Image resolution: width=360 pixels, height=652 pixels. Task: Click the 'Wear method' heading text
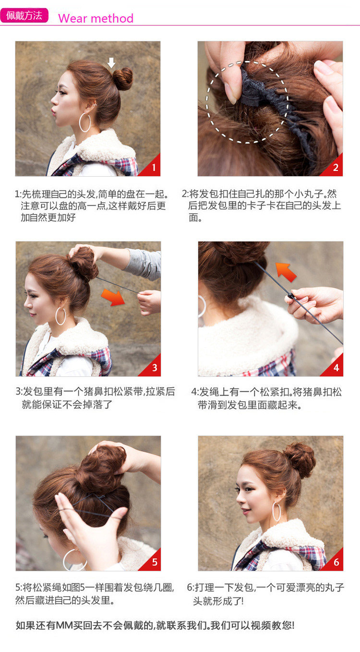96,19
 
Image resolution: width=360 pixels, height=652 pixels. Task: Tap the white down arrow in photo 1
111,62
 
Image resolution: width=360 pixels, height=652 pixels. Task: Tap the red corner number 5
154,562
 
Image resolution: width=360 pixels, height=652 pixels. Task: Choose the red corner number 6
336,562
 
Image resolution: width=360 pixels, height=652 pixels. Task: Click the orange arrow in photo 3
113,297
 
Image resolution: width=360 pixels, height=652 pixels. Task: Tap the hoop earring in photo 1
84,122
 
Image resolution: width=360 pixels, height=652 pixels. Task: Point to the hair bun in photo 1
123,79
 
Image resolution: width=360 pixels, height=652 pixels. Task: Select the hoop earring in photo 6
277,512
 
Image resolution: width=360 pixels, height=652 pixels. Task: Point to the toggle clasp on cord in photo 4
289,294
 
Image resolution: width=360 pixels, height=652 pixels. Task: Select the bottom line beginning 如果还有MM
155,625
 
